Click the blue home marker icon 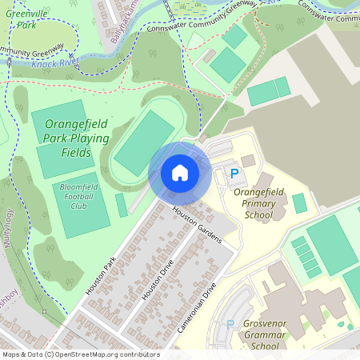(x=180, y=173)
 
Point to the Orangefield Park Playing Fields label (x=77, y=138)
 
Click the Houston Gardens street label (x=197, y=226)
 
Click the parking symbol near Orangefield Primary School (x=234, y=173)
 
